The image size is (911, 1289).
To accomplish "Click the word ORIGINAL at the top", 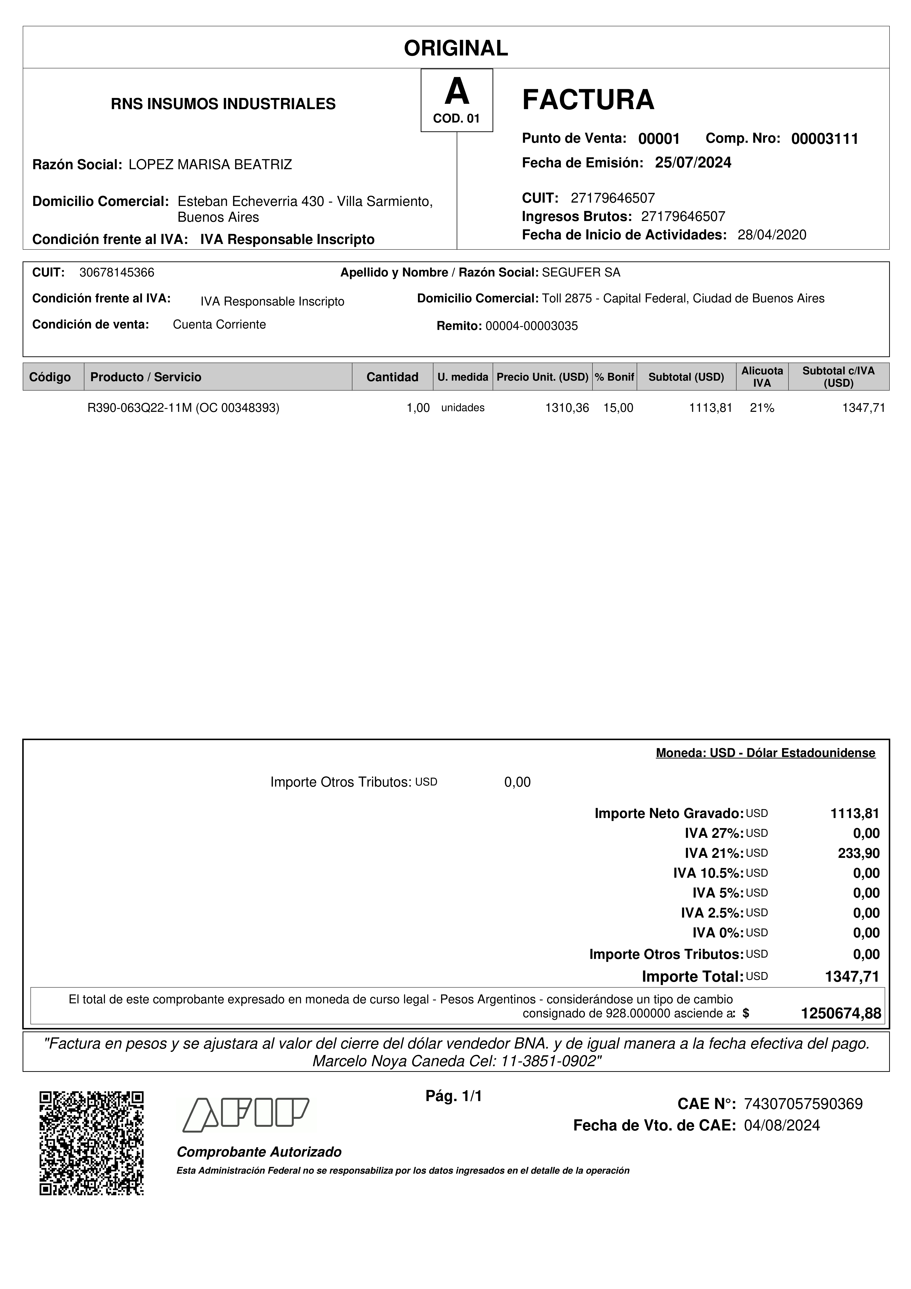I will [x=456, y=48].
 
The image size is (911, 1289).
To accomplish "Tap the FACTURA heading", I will [x=588, y=100].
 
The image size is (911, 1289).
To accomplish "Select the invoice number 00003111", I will [x=824, y=139].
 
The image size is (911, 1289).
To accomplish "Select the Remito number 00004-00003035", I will [x=531, y=326].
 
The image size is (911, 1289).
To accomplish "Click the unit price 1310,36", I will [x=567, y=408].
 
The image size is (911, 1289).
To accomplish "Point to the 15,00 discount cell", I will [x=618, y=408].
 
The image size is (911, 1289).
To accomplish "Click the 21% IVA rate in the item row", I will [x=762, y=408].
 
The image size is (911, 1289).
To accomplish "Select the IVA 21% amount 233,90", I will [x=858, y=853].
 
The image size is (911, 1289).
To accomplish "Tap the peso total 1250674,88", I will [x=840, y=1013].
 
